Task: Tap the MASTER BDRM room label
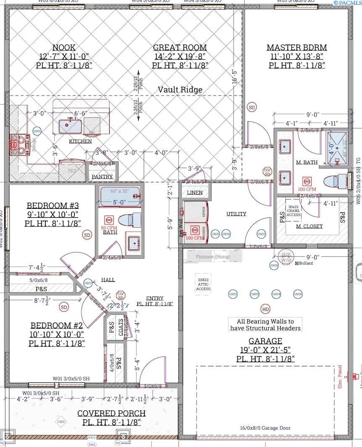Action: point(297,47)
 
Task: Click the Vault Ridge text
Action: point(180,89)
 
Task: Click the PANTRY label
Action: point(102,177)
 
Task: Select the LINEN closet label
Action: point(194,192)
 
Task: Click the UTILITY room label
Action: point(236,214)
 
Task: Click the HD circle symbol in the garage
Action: point(265,309)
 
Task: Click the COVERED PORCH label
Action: point(111,413)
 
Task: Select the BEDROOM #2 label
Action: point(57,326)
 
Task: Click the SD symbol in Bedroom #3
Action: point(87,234)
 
